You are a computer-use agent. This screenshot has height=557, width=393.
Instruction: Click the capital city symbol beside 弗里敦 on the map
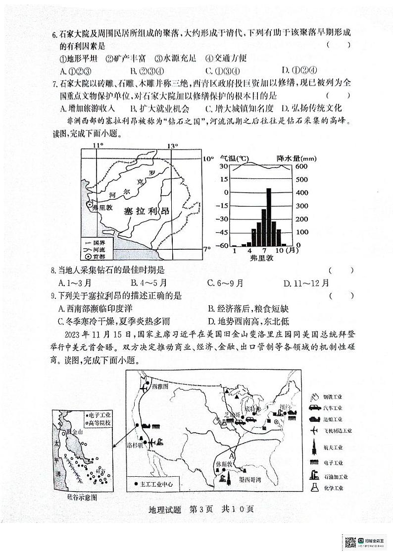point(89,204)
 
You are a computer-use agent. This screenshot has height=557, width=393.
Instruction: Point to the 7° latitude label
point(207,249)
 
